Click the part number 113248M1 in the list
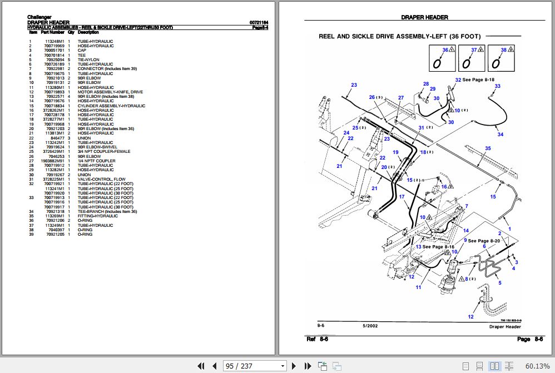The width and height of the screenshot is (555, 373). (54, 42)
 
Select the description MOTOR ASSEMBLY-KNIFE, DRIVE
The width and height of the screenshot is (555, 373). (110, 92)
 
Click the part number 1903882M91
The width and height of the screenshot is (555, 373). (53, 161)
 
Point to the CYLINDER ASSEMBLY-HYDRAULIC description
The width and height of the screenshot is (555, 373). (111, 106)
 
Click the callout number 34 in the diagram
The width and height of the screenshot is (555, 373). (501, 135)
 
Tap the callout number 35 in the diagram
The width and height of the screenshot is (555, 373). (488, 148)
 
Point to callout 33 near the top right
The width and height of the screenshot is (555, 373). (497, 86)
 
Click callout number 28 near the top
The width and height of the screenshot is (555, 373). (426, 84)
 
